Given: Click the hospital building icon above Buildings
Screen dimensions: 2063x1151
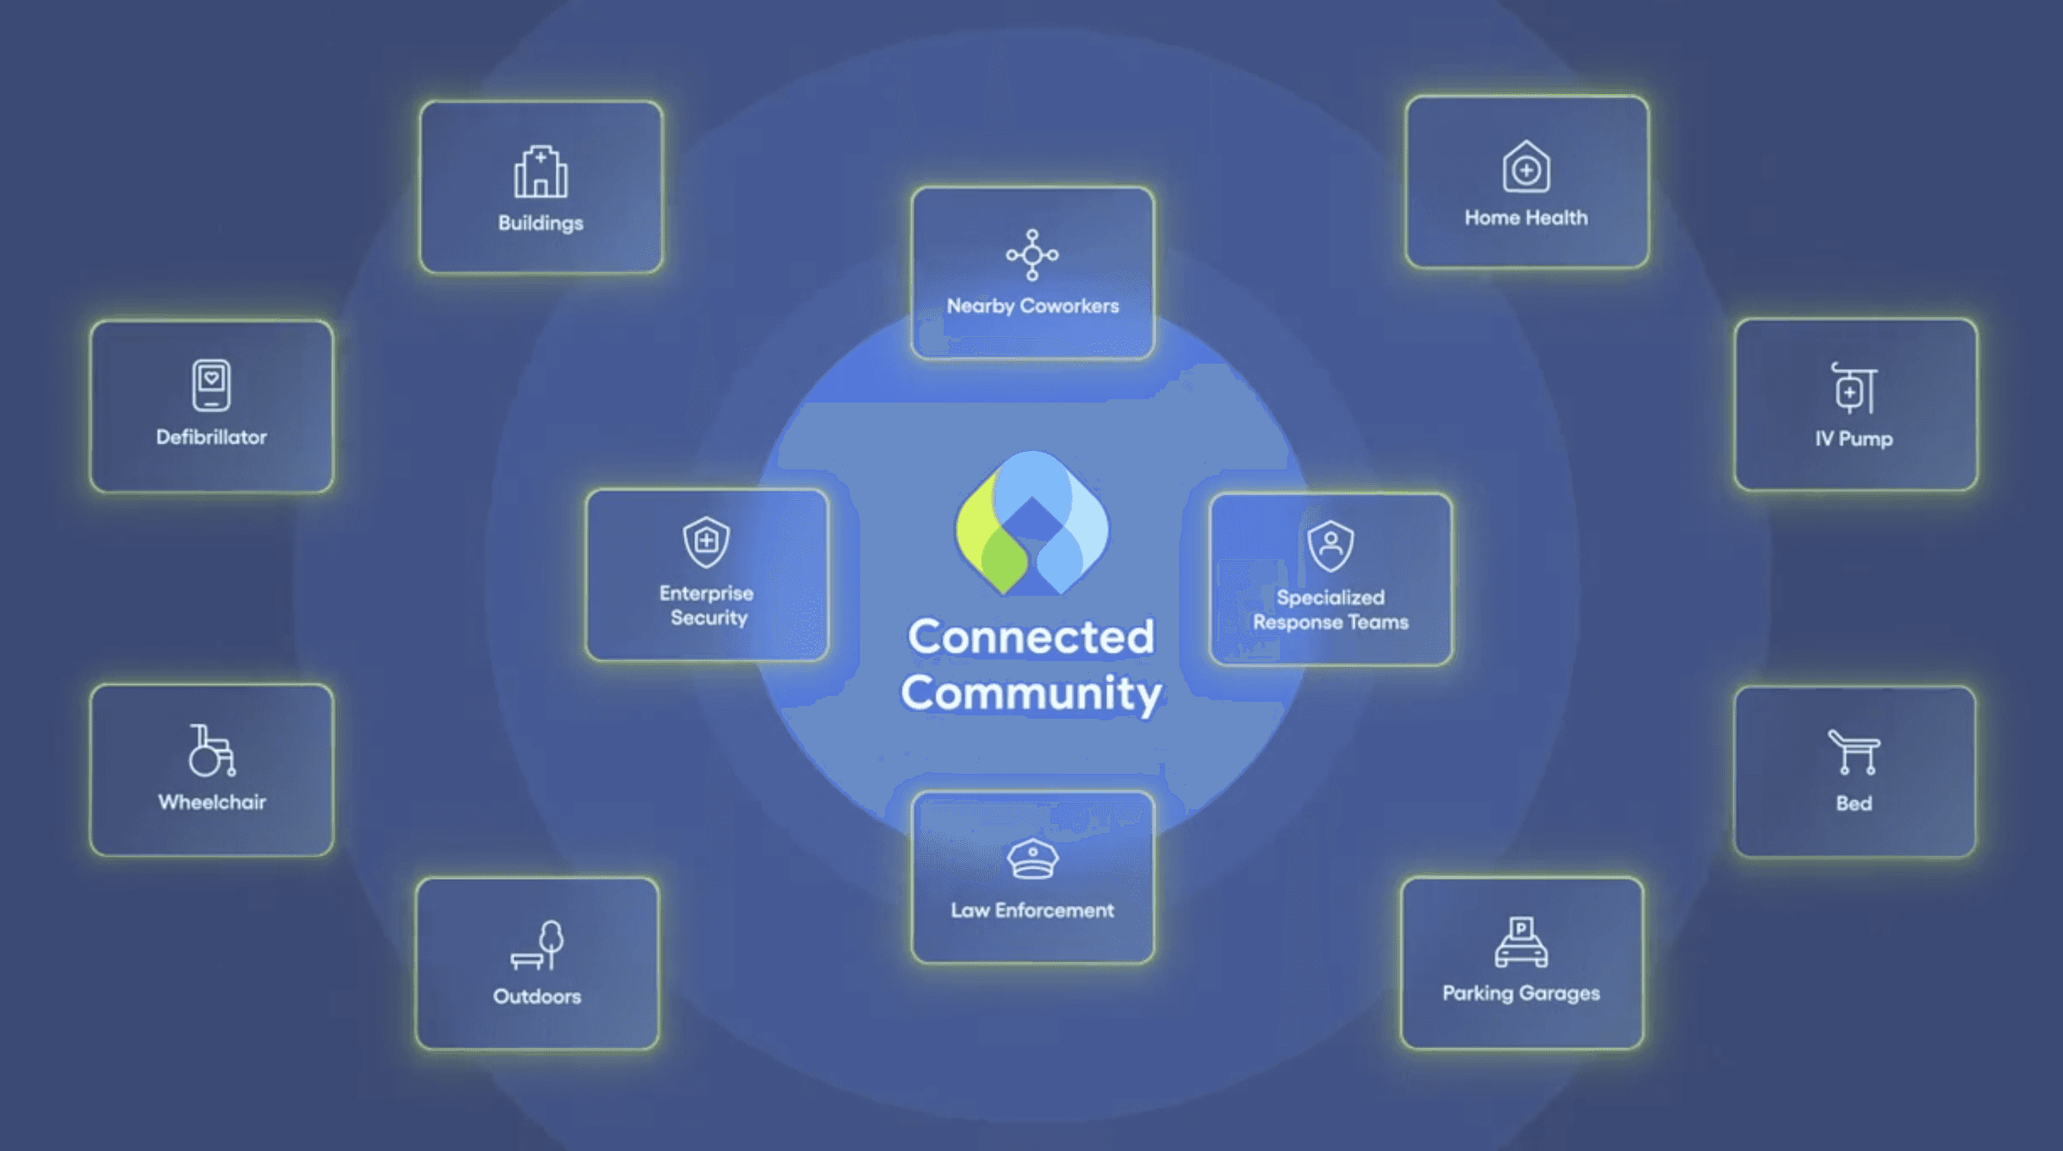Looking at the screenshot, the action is pyautogui.click(x=541, y=172).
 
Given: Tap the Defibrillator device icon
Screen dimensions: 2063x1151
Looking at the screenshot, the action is pyautogui.click(x=211, y=386).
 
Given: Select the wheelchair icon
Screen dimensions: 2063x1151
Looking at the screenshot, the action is pyautogui.click(x=211, y=750).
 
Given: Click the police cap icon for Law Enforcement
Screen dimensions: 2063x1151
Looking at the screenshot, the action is pyautogui.click(x=1032, y=859).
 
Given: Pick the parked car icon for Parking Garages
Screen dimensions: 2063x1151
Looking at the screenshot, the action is pyautogui.click(x=1521, y=942).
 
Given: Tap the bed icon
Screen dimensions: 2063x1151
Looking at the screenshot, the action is pyautogui.click(x=1854, y=752).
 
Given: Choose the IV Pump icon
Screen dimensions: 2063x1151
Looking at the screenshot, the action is pyautogui.click(x=1854, y=388).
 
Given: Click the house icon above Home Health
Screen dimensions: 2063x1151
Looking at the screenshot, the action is pyautogui.click(x=1526, y=167).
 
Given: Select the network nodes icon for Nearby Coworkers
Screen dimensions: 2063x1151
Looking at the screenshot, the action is pyautogui.click(x=1032, y=254).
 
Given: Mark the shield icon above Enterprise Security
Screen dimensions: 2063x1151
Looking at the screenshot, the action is pyautogui.click(x=706, y=542).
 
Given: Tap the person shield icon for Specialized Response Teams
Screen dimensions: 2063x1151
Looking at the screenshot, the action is pyautogui.click(x=1331, y=545).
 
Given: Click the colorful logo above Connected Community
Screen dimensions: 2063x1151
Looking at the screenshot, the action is pyautogui.click(x=1031, y=524).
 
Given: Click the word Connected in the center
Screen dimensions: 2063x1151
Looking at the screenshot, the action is pyautogui.click(x=1031, y=637).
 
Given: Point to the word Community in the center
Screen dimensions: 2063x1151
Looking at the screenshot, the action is pyautogui.click(x=1031, y=693).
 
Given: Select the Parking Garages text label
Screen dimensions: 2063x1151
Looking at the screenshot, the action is pyautogui.click(x=1521, y=993).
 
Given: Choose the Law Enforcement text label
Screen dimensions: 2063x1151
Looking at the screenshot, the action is pyautogui.click(x=1032, y=910).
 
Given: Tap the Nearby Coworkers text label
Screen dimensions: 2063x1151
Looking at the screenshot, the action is pyautogui.click(x=1032, y=306).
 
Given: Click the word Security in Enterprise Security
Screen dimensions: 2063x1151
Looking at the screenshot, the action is pyautogui.click(x=709, y=618).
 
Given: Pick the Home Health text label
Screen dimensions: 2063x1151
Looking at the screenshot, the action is pyautogui.click(x=1526, y=218).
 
